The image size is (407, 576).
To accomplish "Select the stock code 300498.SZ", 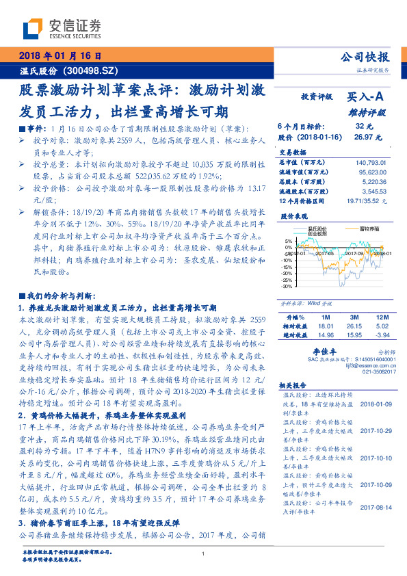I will [x=92, y=70].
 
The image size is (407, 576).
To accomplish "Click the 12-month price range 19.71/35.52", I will [x=366, y=200].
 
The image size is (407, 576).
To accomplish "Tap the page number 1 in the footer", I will [x=204, y=554].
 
